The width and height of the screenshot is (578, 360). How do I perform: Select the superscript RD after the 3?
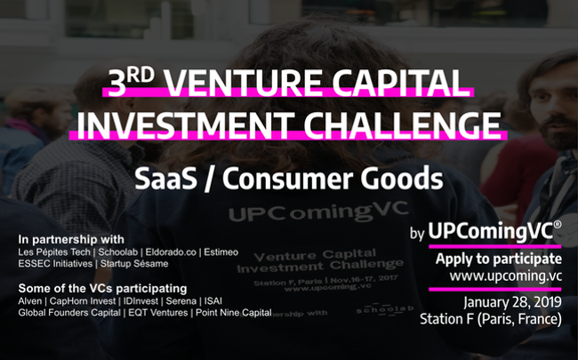[x=140, y=76]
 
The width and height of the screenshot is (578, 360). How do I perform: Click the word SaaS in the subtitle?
[x=165, y=179]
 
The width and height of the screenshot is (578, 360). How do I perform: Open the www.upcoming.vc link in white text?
[x=506, y=276]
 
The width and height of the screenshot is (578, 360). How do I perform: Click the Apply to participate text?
[x=499, y=259]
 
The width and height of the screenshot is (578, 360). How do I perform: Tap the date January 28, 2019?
[x=513, y=302]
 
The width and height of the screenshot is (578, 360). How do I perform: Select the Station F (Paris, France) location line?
[x=491, y=319]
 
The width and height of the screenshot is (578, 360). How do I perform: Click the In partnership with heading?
[x=71, y=239]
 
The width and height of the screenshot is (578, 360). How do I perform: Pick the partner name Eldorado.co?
[x=171, y=252]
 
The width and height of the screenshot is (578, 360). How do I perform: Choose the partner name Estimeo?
[x=221, y=252]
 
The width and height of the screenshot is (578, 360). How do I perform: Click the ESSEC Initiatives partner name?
[x=55, y=264]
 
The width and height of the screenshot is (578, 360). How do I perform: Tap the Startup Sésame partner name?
[x=134, y=264]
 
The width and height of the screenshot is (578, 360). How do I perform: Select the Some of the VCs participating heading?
[x=102, y=288]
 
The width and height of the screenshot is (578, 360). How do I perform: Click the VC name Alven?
[x=30, y=301]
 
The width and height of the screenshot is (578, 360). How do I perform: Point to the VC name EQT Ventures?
[x=157, y=313]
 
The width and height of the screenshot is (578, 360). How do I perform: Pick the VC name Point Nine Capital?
[x=233, y=313]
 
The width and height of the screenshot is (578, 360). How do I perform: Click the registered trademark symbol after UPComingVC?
[x=558, y=224]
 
